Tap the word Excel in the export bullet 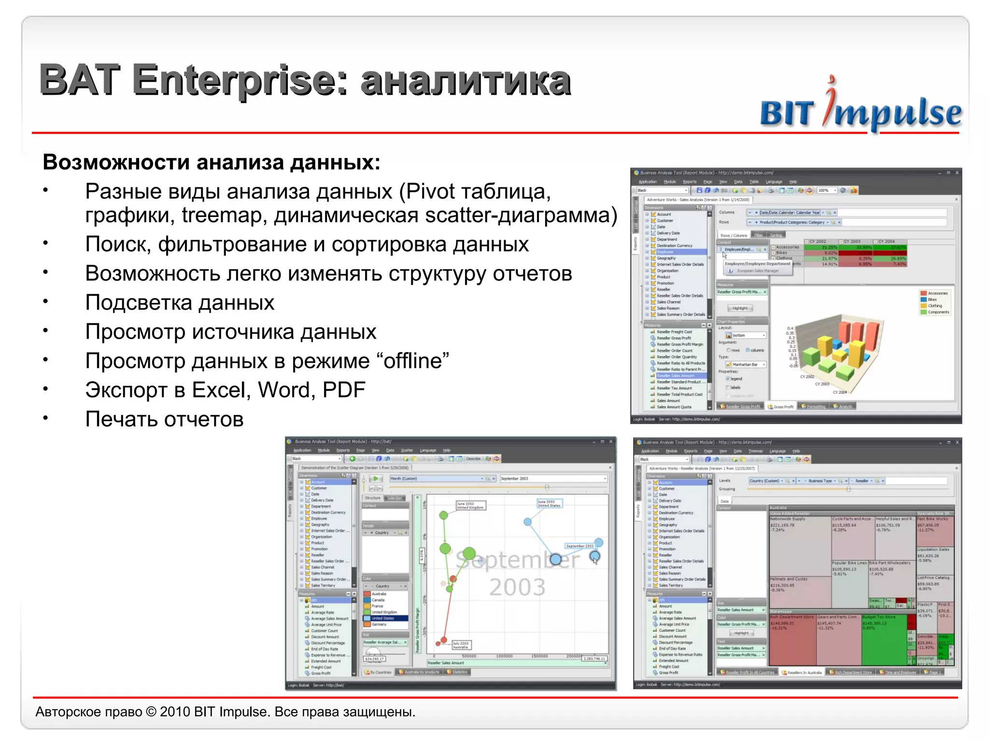click(221, 390)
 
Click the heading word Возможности click(115, 162)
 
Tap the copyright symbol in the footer click(151, 712)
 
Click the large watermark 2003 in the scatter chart click(517, 587)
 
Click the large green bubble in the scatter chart click(469, 554)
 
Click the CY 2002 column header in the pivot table click(818, 241)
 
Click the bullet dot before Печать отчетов click(45, 418)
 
